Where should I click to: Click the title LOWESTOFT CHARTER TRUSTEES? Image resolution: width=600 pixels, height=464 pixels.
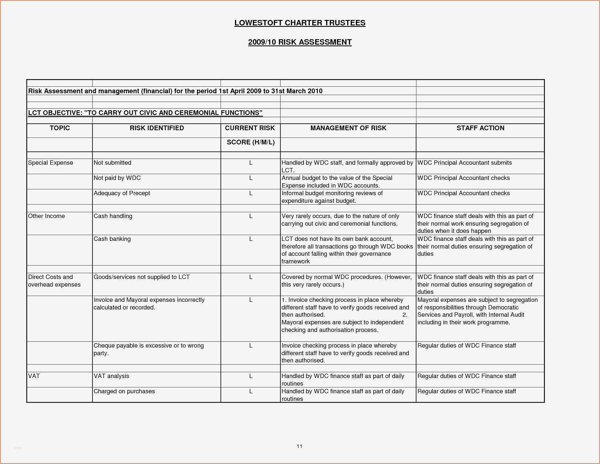pyautogui.click(x=300, y=23)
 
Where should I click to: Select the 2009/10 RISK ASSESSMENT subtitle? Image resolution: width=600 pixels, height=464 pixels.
pyautogui.click(x=300, y=42)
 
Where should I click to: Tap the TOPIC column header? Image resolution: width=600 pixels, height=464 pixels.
pyautogui.click(x=59, y=128)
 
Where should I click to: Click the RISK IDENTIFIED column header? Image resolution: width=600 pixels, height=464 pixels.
pyautogui.click(x=157, y=128)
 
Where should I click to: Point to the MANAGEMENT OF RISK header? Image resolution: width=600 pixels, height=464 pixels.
pyautogui.click(x=348, y=128)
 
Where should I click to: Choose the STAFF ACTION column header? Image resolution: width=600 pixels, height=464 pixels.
pyautogui.click(x=480, y=128)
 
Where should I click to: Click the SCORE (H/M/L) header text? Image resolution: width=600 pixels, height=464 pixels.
pyautogui.click(x=251, y=142)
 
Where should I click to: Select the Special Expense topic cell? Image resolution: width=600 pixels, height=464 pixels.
pyautogui.click(x=50, y=163)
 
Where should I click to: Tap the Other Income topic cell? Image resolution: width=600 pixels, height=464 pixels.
pyautogui.click(x=46, y=216)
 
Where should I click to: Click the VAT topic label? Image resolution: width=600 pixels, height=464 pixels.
pyautogui.click(x=34, y=376)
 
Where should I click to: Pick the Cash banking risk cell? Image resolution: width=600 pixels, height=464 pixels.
pyautogui.click(x=112, y=239)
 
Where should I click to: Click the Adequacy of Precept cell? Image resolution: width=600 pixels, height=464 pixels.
pyautogui.click(x=122, y=193)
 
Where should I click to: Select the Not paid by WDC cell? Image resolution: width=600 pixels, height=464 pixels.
pyautogui.click(x=117, y=178)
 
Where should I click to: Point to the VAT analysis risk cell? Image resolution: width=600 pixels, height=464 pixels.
pyautogui.click(x=111, y=376)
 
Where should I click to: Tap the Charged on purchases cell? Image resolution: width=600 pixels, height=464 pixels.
pyautogui.click(x=124, y=391)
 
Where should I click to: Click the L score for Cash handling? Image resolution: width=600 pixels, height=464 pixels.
pyautogui.click(x=251, y=216)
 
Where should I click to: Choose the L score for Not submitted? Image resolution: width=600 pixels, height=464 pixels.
pyautogui.click(x=251, y=163)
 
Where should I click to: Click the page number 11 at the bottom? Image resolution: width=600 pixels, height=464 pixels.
pyautogui.click(x=300, y=446)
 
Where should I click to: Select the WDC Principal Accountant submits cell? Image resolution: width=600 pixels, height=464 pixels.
pyautogui.click(x=464, y=163)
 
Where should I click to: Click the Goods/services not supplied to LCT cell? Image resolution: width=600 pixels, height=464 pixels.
pyautogui.click(x=141, y=277)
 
